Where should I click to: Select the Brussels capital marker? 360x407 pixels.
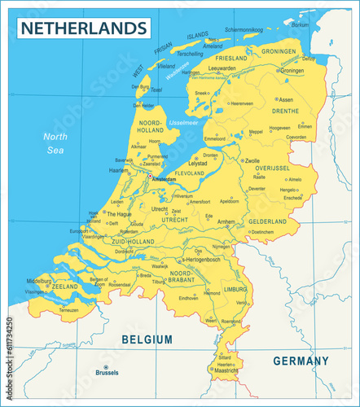[107, 372]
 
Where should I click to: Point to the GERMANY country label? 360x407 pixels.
[301, 361]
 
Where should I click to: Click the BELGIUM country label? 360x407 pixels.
[147, 339]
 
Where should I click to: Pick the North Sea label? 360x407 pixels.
[55, 142]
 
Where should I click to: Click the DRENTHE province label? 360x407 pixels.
[284, 111]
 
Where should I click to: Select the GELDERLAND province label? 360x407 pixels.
[267, 221]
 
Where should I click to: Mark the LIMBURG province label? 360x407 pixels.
[235, 289]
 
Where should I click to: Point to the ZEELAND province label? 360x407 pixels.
[65, 287]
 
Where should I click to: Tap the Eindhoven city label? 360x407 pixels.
[188, 298]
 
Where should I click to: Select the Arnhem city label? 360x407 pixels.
[226, 221]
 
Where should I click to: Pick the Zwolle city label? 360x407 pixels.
[252, 161]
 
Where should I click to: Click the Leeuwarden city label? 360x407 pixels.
[222, 68]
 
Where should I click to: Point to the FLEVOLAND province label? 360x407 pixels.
[190, 173]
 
